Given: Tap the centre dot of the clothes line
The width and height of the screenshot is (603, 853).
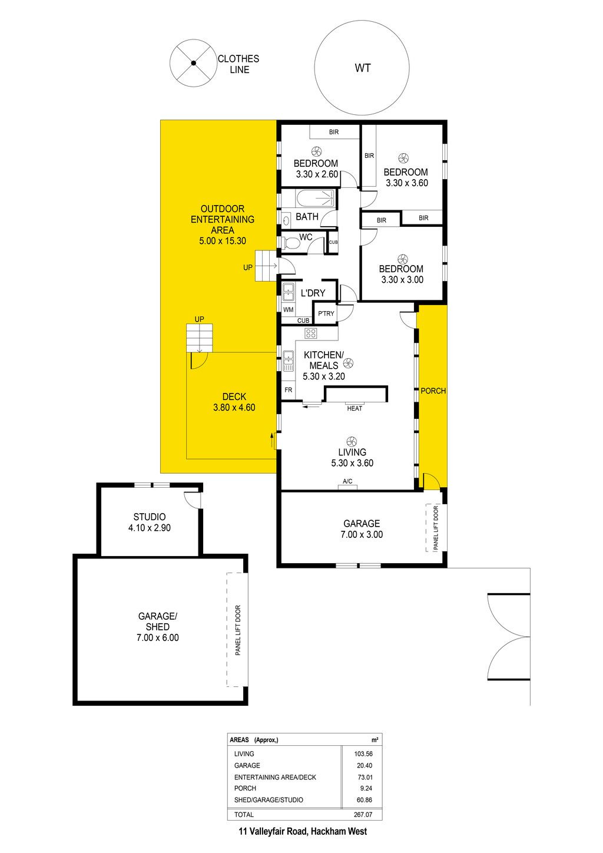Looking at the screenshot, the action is tap(193, 63).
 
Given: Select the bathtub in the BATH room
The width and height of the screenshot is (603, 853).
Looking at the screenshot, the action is tap(316, 199).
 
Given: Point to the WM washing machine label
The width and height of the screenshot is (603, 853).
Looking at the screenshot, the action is tap(288, 310).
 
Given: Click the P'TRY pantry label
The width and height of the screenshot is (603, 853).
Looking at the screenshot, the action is tap(326, 313).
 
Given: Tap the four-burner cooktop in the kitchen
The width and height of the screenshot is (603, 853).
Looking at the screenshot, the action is tap(311, 333).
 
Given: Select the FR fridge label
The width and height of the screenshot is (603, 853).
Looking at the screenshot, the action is tap(288, 390).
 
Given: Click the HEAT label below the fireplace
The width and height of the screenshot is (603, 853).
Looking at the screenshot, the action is tap(354, 409).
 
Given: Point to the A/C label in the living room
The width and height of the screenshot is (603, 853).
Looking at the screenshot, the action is tap(347, 481).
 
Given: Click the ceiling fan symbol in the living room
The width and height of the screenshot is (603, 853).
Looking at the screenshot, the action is tap(352, 442).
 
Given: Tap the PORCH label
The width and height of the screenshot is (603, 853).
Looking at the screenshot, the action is tap(433, 391).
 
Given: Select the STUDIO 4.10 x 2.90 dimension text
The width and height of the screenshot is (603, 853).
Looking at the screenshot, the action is tap(150, 528).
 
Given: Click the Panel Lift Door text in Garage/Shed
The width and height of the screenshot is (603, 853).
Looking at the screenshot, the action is tap(238, 630).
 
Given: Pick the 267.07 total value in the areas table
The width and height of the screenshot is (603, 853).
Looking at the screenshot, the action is tap(363, 815).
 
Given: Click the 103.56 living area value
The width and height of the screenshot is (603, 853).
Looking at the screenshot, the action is tap(363, 753).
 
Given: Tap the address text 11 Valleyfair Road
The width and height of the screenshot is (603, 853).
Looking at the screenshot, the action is tap(273, 831).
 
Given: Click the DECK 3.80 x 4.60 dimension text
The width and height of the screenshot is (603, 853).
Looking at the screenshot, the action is tap(234, 408).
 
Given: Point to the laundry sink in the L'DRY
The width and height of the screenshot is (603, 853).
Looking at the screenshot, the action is tap(288, 292).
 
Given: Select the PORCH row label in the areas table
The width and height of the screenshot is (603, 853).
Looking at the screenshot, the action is tap(245, 788).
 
